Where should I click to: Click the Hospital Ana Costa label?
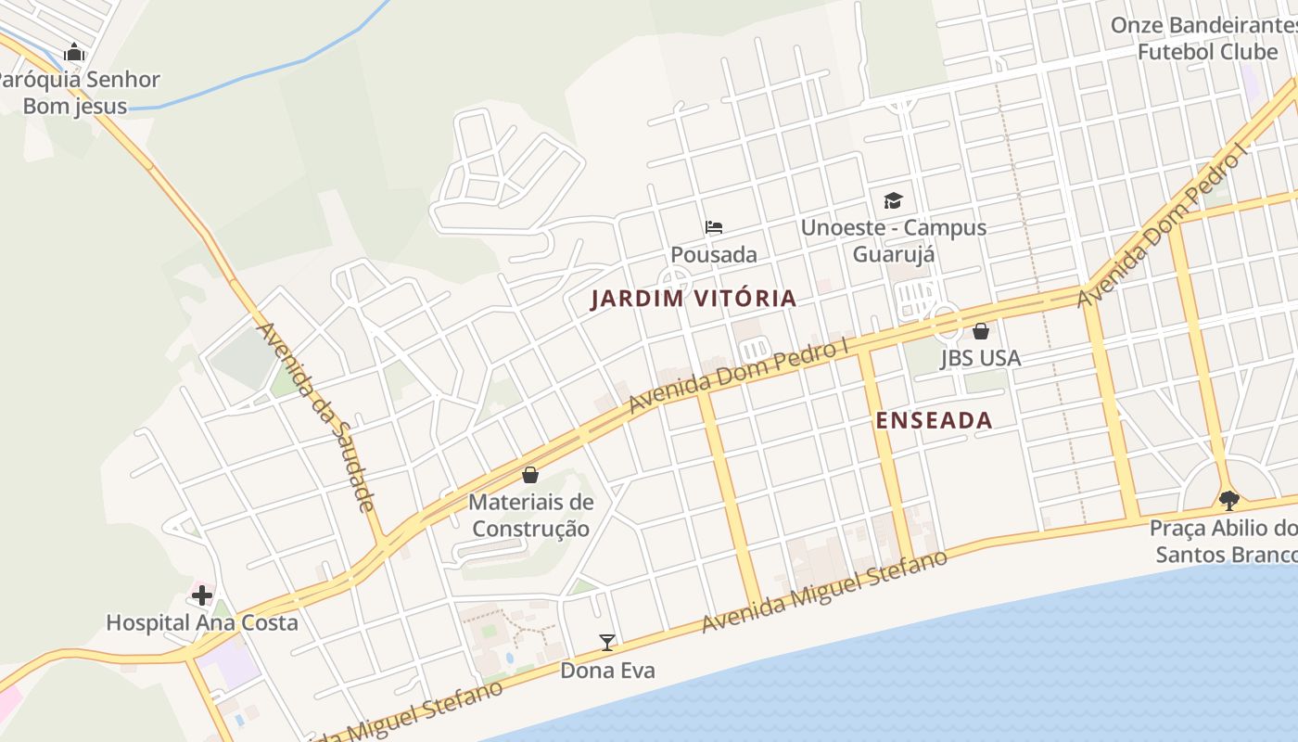pyautogui.click(x=202, y=622)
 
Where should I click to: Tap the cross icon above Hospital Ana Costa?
pyautogui.click(x=202, y=595)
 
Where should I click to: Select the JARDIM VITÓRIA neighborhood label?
pyautogui.click(x=694, y=298)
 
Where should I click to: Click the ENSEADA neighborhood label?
pyautogui.click(x=934, y=420)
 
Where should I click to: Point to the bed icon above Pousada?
pyautogui.click(x=713, y=226)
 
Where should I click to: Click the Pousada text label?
pyautogui.click(x=713, y=254)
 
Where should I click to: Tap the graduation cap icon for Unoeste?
pyautogui.click(x=893, y=200)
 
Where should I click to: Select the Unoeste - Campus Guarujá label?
pyautogui.click(x=893, y=240)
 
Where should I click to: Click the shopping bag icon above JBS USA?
pyautogui.click(x=980, y=331)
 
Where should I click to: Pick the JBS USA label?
pyautogui.click(x=980, y=358)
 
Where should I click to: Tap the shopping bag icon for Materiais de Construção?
pyautogui.click(x=530, y=475)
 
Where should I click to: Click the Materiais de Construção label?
pyautogui.click(x=530, y=516)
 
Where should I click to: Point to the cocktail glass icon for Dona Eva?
pyautogui.click(x=607, y=642)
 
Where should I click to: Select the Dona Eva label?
pyautogui.click(x=607, y=670)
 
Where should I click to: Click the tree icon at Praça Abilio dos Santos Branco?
pyautogui.click(x=1229, y=501)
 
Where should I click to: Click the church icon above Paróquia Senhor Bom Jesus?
pyautogui.click(x=74, y=53)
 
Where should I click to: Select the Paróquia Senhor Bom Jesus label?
pyautogui.click(x=78, y=93)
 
